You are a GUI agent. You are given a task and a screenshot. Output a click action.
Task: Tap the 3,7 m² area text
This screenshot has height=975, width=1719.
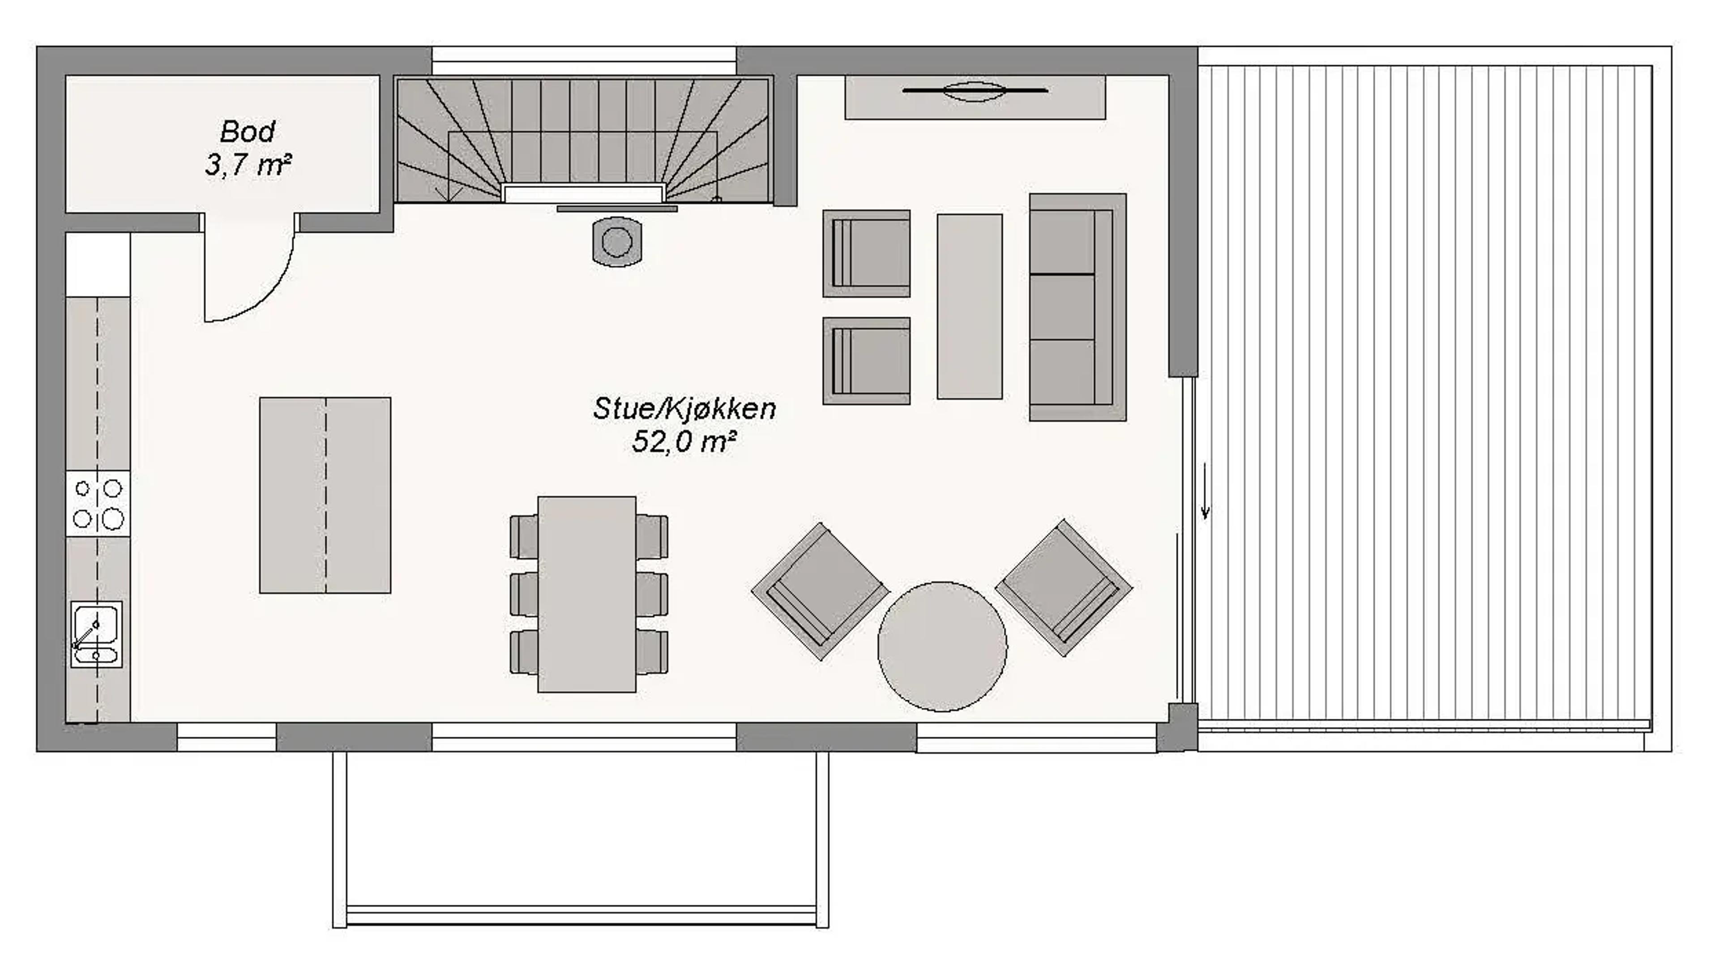pos(248,165)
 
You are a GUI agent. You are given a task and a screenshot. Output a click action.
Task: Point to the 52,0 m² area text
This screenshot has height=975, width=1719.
pos(684,442)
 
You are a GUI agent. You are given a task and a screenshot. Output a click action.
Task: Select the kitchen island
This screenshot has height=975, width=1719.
pos(325,495)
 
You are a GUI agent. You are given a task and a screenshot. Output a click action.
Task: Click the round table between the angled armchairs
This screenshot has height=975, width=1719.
pos(942,646)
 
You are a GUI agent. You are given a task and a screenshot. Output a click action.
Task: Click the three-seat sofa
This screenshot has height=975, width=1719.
pos(1076,308)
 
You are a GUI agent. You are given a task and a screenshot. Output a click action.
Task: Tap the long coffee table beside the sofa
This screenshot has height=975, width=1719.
pos(969,307)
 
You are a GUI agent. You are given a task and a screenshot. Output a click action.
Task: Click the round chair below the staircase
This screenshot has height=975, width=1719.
pos(617,242)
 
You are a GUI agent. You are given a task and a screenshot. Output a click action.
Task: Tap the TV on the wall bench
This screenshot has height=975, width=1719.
pos(975,91)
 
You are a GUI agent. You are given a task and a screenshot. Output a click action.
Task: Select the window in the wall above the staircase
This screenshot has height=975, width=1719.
pos(583,61)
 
